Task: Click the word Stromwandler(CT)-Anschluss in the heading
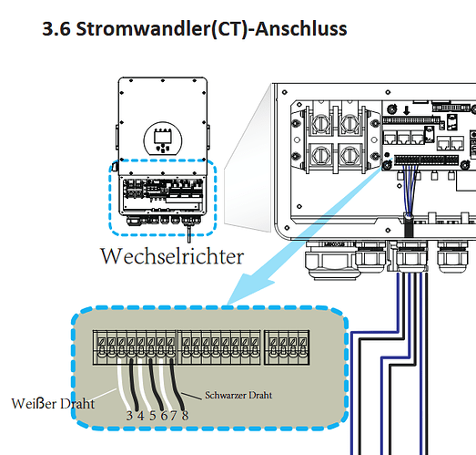click(211, 29)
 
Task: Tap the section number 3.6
click(56, 29)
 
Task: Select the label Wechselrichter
click(172, 256)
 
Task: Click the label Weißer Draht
click(53, 404)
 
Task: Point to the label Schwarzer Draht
click(238, 395)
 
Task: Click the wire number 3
click(129, 416)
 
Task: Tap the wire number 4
click(140, 416)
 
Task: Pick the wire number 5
click(152, 416)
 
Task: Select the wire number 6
click(164, 416)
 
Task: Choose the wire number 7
click(174, 416)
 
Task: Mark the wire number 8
click(185, 416)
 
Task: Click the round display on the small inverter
click(163, 140)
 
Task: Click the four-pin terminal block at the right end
click(287, 347)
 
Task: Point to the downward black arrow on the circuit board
click(407, 110)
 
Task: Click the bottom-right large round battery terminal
click(349, 155)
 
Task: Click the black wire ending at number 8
click(177, 385)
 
